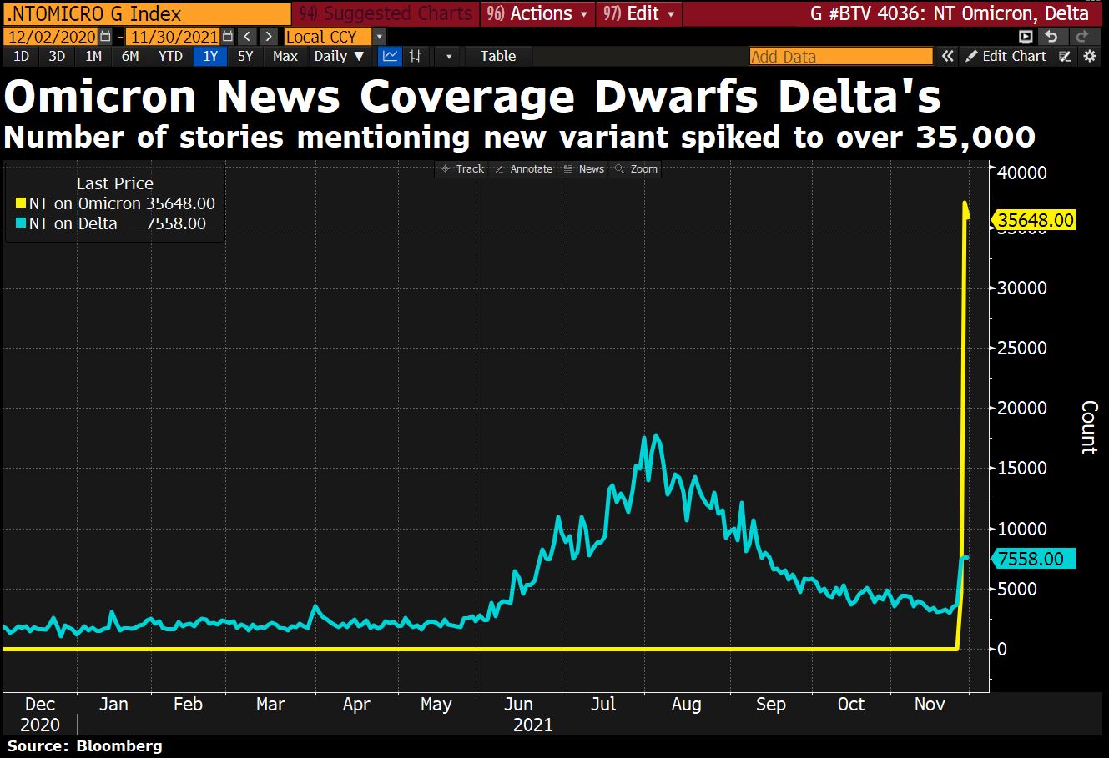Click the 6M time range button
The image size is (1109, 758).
tap(130, 56)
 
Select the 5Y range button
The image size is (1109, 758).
tap(245, 56)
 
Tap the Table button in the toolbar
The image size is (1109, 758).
tap(498, 56)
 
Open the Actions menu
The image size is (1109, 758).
tap(539, 13)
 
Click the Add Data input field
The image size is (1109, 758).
tap(840, 56)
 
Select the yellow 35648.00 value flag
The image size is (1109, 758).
tap(1036, 221)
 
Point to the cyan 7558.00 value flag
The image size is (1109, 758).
tap(1031, 559)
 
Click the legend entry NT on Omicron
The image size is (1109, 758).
tap(84, 203)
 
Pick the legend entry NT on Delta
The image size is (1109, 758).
tap(73, 223)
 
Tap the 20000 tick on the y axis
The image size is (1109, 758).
tap(1023, 408)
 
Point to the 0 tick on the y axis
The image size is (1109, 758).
tap(1003, 649)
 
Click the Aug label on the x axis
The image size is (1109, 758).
tap(686, 705)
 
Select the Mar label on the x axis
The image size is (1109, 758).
tap(270, 705)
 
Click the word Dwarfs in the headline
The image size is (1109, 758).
tap(668, 97)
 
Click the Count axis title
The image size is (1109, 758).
tap(1089, 427)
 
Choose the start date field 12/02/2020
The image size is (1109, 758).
tap(50, 37)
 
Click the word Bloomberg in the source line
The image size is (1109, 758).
tap(119, 745)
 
